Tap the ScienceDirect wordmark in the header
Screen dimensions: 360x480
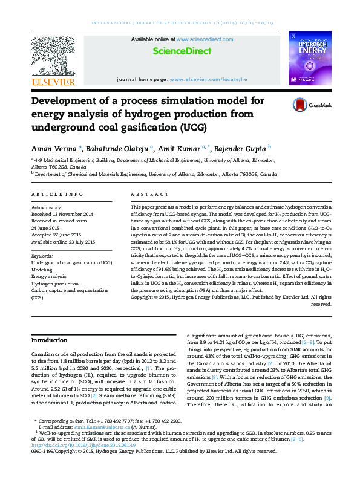[182, 52]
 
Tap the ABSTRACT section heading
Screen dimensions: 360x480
[148, 194]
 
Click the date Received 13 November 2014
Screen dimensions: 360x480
[62, 214]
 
